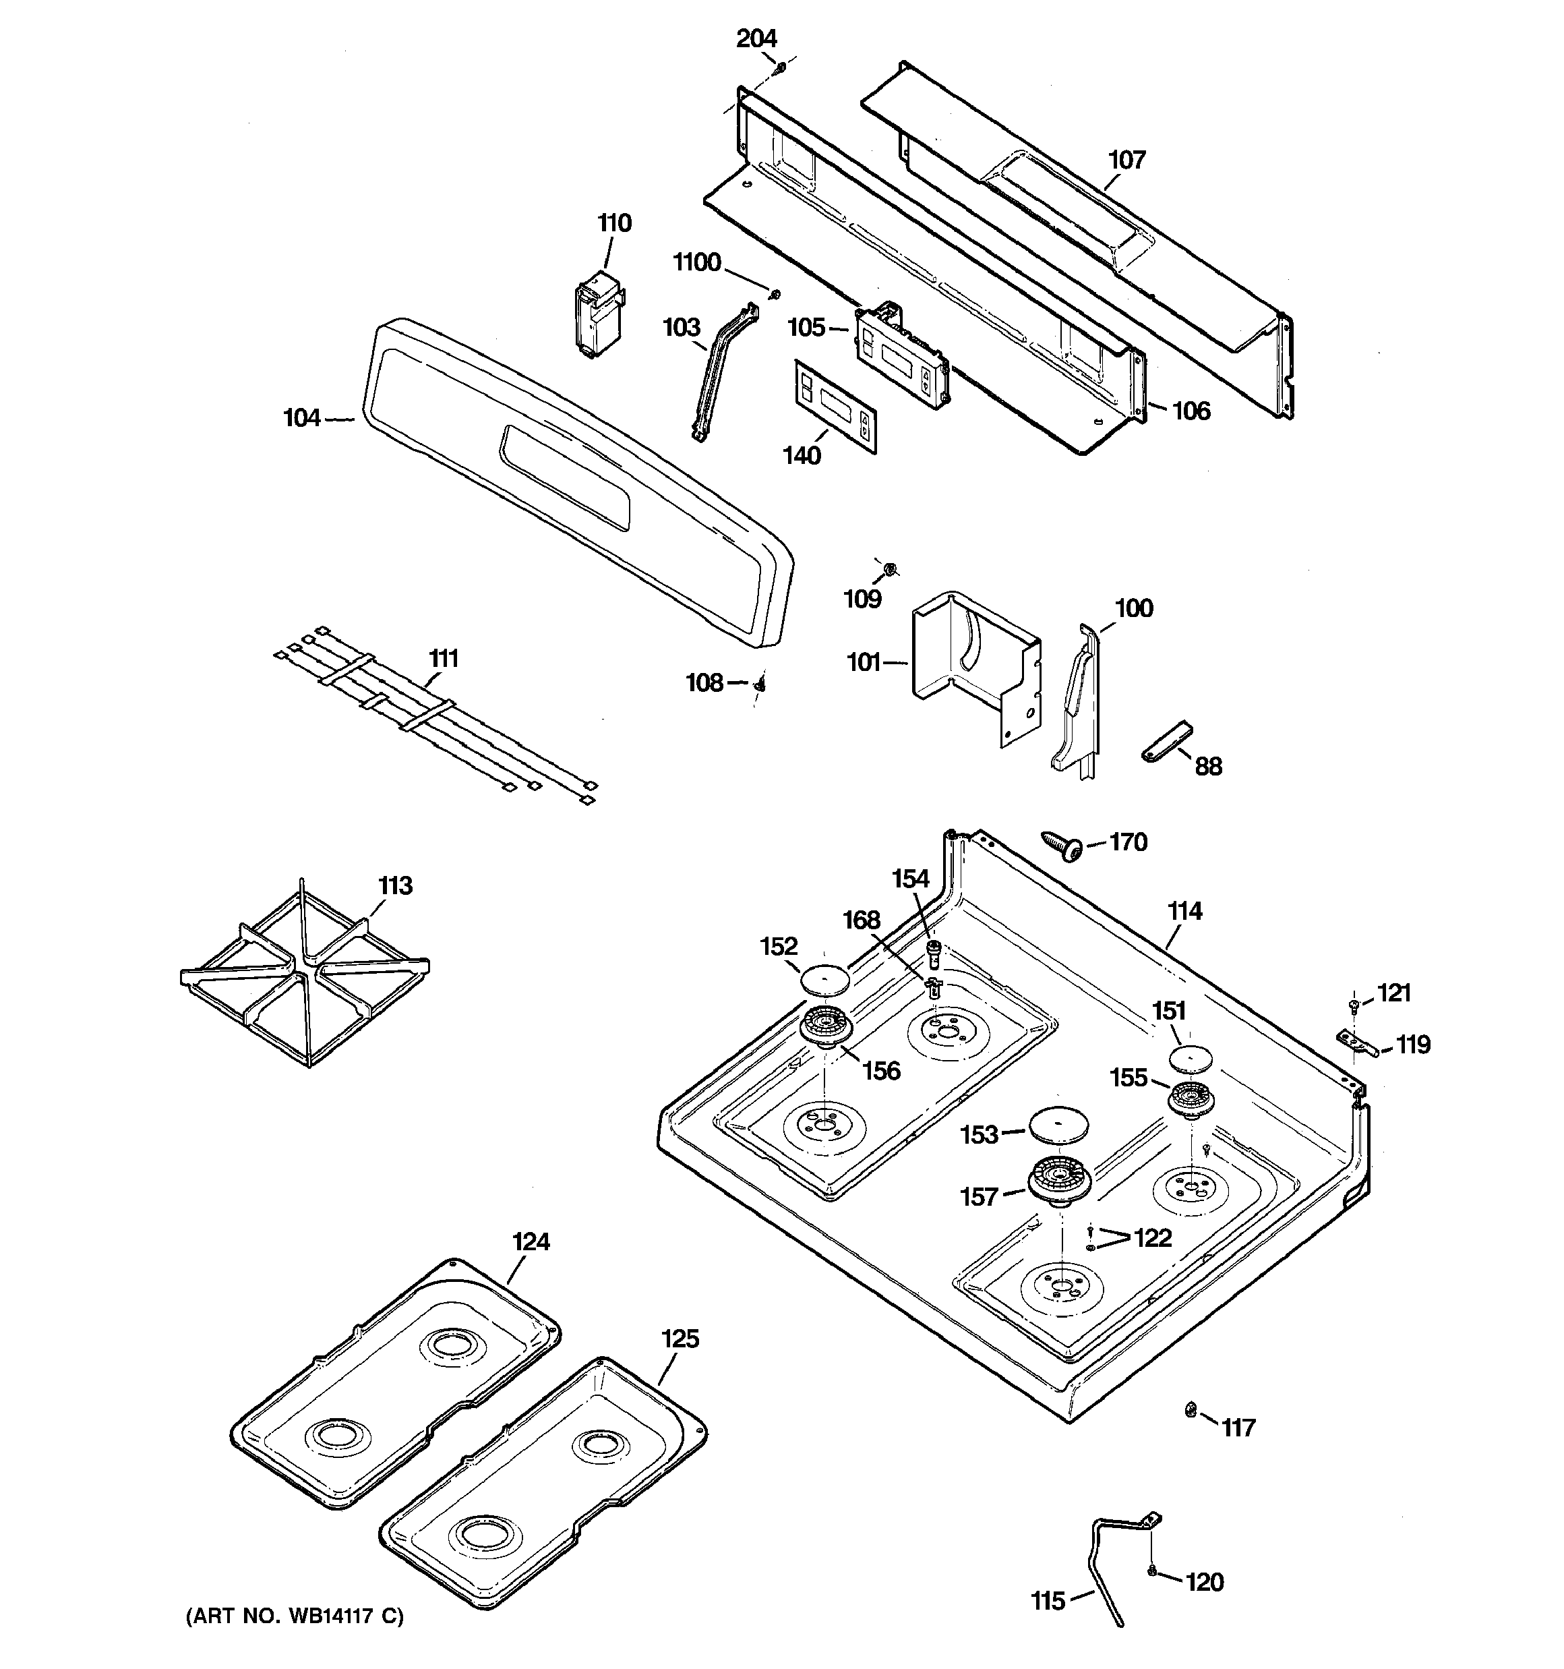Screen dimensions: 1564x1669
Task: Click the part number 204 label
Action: pyautogui.click(x=756, y=38)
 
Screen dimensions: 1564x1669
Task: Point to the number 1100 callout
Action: pyautogui.click(x=697, y=263)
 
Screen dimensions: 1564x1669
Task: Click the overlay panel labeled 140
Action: pyautogui.click(x=835, y=407)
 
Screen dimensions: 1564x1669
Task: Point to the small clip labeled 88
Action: pyautogui.click(x=1166, y=740)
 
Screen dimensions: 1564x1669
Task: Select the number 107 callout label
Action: pyautogui.click(x=1126, y=160)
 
